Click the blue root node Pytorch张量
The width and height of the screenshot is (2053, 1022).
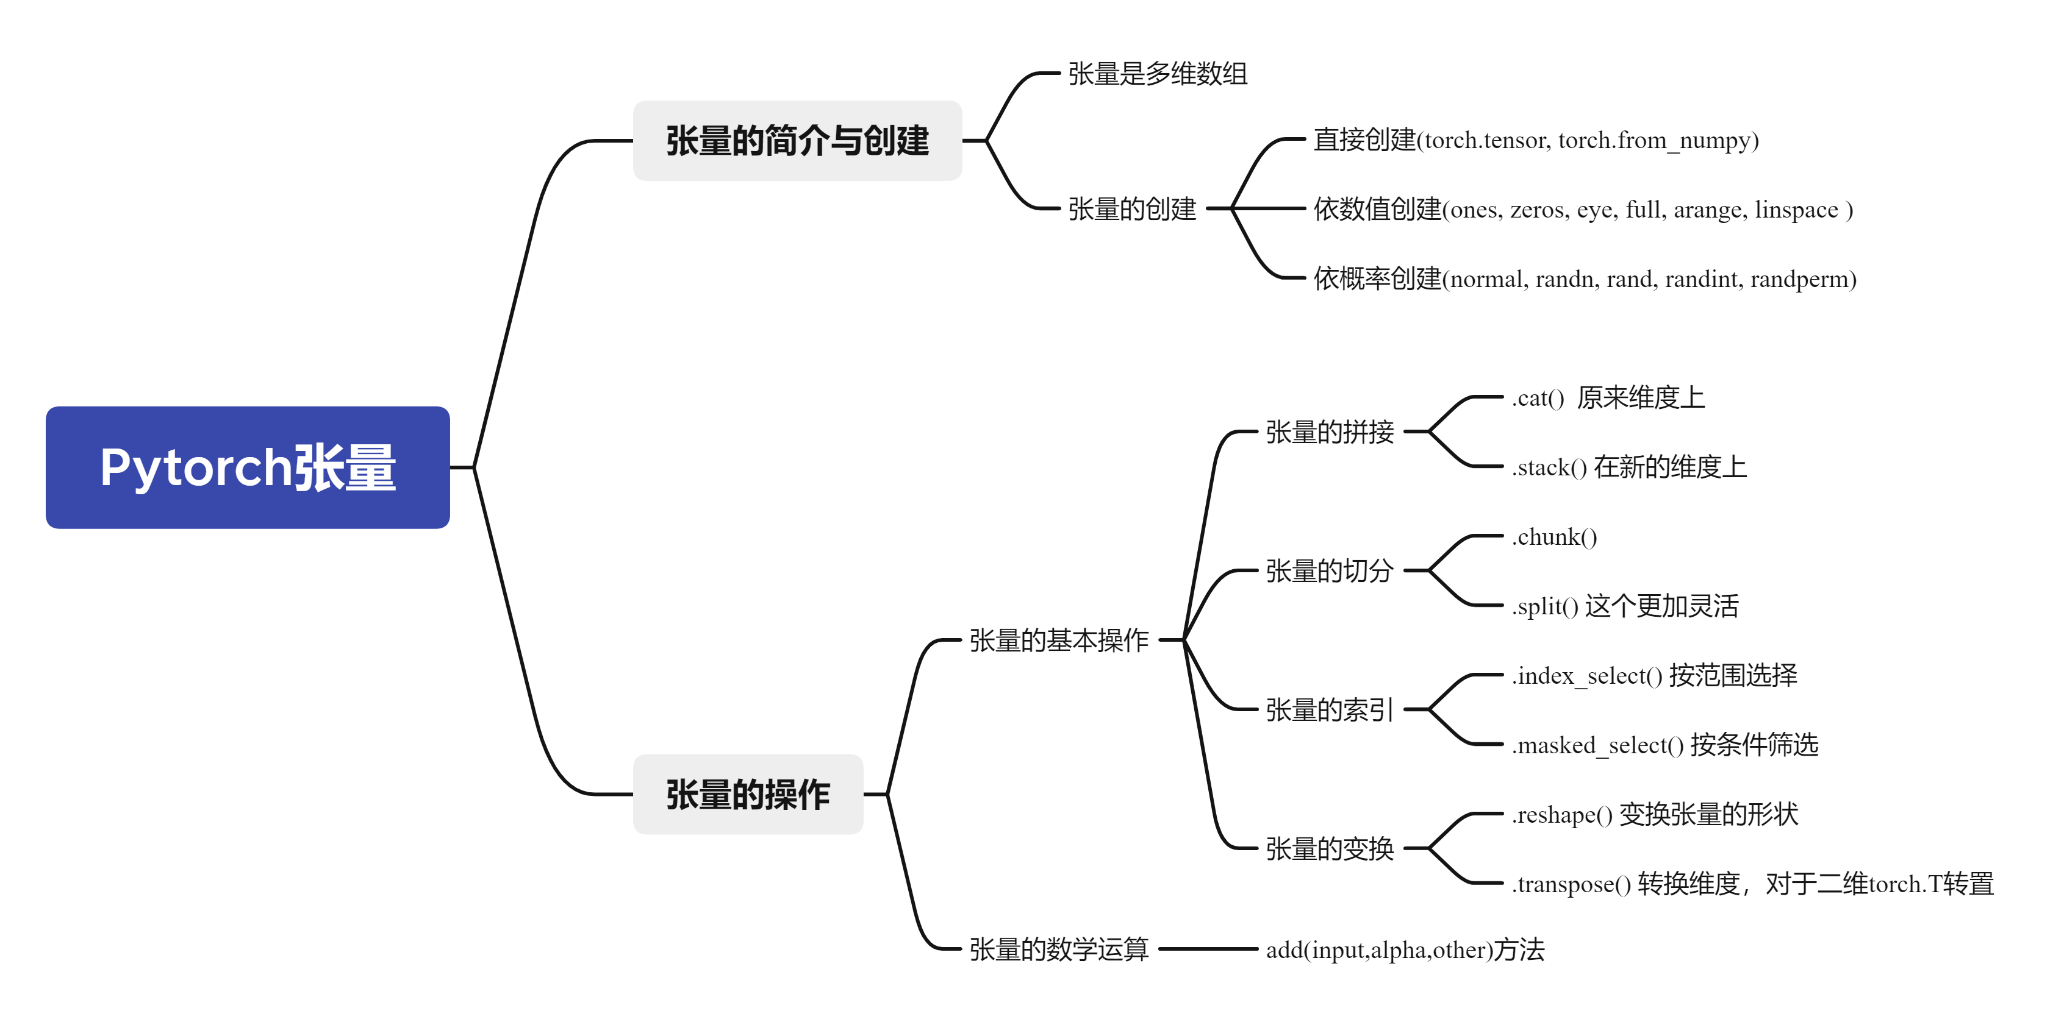click(247, 467)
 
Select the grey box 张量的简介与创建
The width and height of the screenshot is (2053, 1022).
click(797, 141)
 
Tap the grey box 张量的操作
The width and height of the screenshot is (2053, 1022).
click(748, 794)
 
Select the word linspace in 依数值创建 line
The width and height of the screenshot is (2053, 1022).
click(1796, 210)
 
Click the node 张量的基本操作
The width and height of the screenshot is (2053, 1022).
click(1058, 641)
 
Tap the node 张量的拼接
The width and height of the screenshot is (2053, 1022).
click(1330, 431)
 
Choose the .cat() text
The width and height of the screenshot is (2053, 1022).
click(1538, 397)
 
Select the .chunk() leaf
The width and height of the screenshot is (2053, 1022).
click(1554, 537)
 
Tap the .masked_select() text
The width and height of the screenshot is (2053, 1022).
click(1597, 745)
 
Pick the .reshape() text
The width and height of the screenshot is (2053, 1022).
click(1562, 815)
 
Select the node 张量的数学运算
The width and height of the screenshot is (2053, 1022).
click(1058, 949)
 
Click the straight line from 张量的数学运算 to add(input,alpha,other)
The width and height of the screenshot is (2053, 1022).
click(1208, 949)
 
